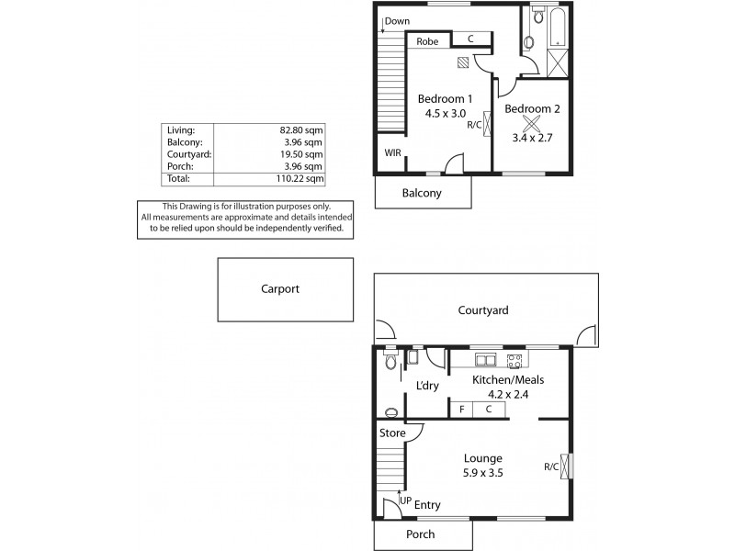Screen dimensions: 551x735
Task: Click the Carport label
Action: (x=279, y=288)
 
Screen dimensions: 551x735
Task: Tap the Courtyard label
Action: (x=483, y=310)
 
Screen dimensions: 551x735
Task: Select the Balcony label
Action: (x=422, y=193)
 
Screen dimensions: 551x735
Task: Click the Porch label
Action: (x=420, y=534)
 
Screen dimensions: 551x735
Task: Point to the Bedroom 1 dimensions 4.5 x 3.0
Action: (x=445, y=114)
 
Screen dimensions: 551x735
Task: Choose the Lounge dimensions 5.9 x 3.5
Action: (x=482, y=473)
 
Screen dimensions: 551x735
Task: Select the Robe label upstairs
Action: (x=427, y=41)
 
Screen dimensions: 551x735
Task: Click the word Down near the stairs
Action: (x=397, y=21)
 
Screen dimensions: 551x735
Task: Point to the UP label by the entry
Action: (x=405, y=500)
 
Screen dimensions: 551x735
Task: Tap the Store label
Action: (x=392, y=433)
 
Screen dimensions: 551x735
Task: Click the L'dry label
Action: (x=427, y=386)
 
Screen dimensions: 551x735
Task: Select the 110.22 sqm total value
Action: (x=301, y=179)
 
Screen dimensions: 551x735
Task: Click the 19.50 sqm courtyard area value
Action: (x=301, y=154)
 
